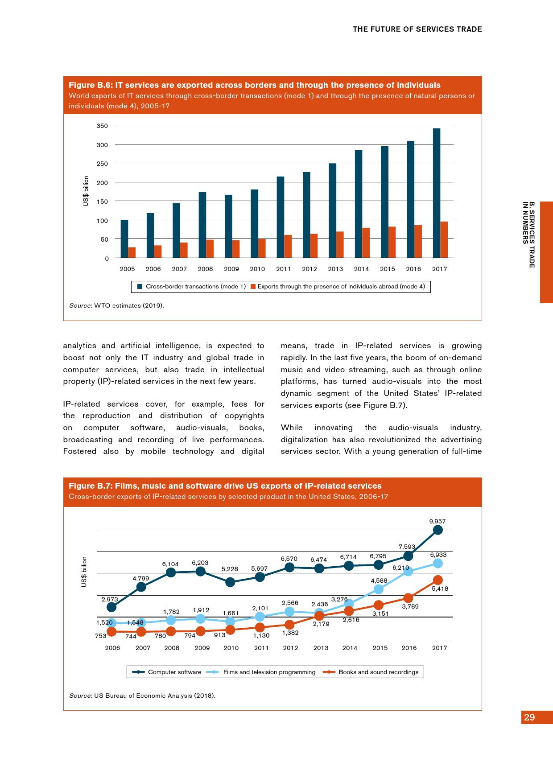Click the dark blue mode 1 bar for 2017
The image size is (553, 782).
437,193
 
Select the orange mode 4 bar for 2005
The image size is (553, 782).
132,252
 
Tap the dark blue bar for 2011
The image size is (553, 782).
281,217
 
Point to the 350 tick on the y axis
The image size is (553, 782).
102,126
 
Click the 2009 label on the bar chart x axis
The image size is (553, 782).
231,269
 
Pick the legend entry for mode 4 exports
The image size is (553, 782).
338,286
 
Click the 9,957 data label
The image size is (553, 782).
437,521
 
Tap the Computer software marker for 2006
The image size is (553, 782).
112,607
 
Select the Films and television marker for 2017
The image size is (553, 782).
438,564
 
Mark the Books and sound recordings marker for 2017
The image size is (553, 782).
438,580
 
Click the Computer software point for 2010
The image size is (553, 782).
231,582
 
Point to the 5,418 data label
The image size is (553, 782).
440,589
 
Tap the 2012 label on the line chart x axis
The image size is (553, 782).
290,648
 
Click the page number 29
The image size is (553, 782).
530,717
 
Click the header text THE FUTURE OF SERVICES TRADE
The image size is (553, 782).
417,29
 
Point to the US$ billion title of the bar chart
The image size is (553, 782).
86,191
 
